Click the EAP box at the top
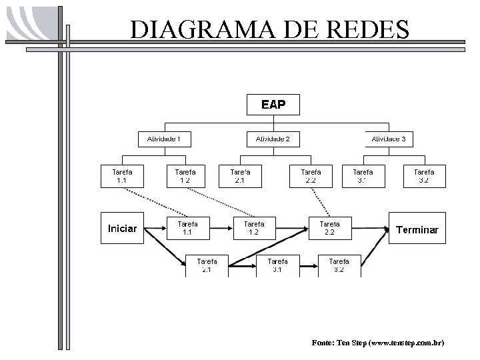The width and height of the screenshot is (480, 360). click(x=273, y=105)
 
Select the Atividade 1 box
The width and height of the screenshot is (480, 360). click(x=165, y=139)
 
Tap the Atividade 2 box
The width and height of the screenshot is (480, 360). click(x=273, y=139)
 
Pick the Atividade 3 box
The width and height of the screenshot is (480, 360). click(x=389, y=139)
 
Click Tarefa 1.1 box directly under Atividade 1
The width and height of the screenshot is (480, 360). click(x=122, y=176)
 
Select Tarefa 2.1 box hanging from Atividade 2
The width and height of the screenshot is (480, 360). click(x=241, y=176)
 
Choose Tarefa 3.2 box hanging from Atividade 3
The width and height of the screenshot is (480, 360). click(x=424, y=176)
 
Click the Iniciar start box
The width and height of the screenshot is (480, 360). click(x=122, y=229)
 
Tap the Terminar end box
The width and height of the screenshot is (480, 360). click(x=417, y=229)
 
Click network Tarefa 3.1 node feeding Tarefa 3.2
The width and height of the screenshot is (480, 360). click(x=278, y=265)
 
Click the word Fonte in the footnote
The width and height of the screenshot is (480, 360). click(x=324, y=343)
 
